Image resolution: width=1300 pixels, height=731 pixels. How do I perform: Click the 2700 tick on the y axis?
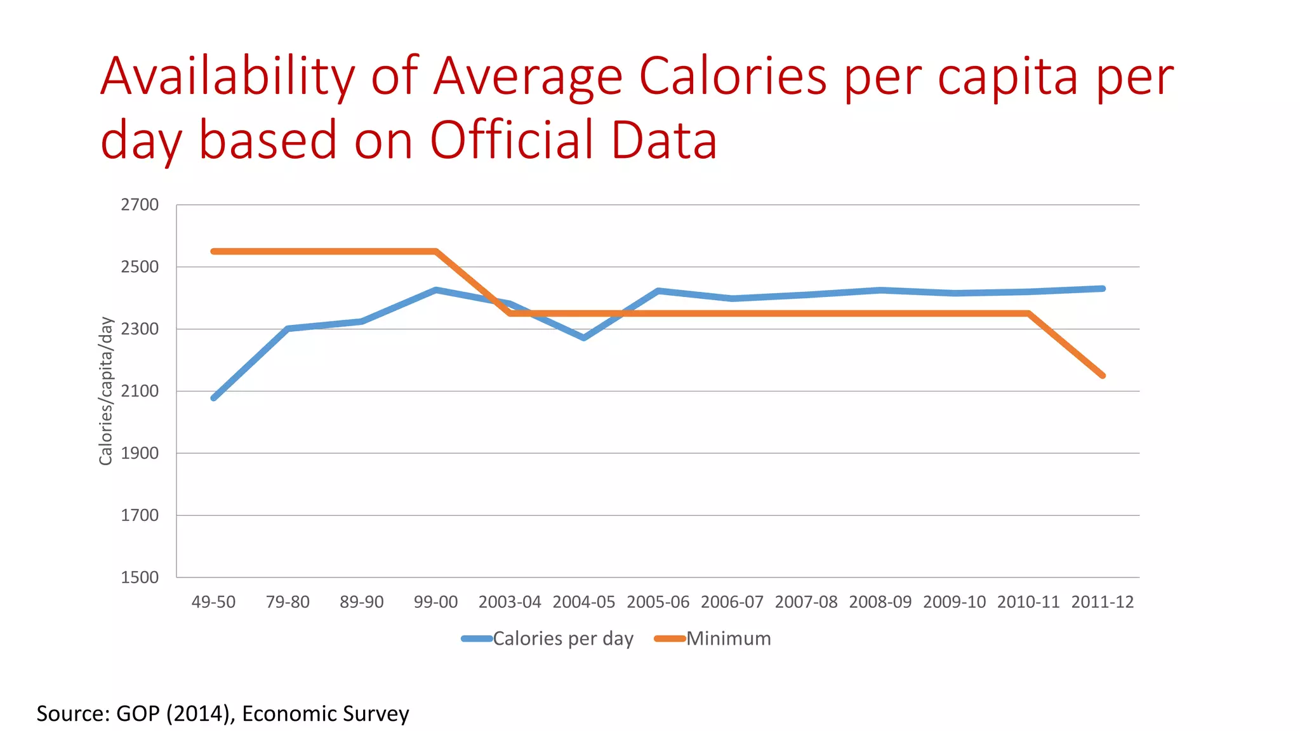140,205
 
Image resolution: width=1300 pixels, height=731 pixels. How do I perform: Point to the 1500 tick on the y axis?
140,577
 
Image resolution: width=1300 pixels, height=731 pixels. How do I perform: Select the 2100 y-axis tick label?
140,391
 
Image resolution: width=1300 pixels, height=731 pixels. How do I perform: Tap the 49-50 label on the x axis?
213,602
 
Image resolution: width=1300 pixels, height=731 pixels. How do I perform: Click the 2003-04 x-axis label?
510,602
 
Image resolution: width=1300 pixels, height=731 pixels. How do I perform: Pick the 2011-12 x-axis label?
1103,602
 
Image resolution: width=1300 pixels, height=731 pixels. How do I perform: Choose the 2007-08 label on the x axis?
806,602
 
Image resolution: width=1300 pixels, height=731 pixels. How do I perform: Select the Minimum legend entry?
728,638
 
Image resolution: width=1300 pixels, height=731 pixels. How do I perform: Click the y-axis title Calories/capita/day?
106,391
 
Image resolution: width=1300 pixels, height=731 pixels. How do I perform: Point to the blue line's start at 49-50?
214,398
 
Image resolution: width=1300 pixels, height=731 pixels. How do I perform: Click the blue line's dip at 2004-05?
584,338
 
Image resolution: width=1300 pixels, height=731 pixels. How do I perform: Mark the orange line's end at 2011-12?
1103,376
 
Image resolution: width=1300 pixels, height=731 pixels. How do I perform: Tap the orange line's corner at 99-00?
436,251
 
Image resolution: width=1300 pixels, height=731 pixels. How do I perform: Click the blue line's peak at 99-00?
436,290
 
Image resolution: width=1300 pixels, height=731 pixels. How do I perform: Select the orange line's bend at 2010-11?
1028,313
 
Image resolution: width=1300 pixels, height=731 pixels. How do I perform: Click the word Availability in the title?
227,77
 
